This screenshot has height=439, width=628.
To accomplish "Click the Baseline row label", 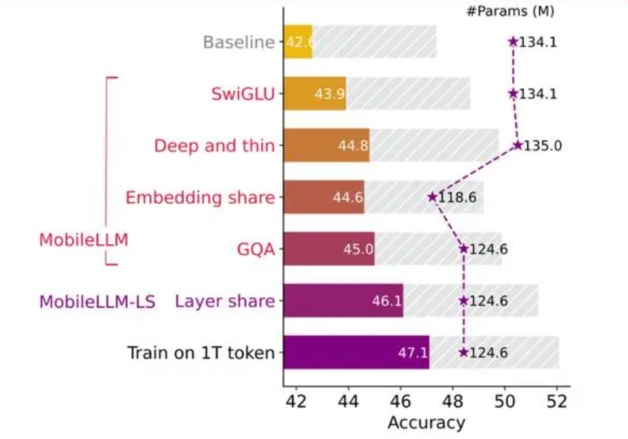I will tap(238, 43).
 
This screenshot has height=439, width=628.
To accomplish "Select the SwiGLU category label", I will tap(242, 94).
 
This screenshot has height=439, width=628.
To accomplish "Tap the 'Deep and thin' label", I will tap(214, 146).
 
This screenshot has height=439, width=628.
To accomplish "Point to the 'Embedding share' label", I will tap(199, 198).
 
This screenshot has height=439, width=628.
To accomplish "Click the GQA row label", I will tap(255, 250).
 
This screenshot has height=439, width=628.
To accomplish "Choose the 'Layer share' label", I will tap(225, 302).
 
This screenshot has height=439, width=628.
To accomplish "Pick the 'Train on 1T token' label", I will tap(200, 353).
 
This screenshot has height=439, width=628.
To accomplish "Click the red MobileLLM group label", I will tap(83, 240).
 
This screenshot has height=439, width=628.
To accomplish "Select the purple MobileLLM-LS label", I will tap(97, 302).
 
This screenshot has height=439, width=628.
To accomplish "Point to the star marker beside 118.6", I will tap(432, 197).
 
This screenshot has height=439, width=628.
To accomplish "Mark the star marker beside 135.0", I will tap(518, 146).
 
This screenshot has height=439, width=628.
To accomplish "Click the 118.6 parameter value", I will tap(458, 198).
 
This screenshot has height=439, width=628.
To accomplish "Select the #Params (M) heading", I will tap(509, 11).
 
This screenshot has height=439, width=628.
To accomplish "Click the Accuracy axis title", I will tap(426, 423).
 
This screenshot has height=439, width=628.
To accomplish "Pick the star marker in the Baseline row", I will tap(513, 42).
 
